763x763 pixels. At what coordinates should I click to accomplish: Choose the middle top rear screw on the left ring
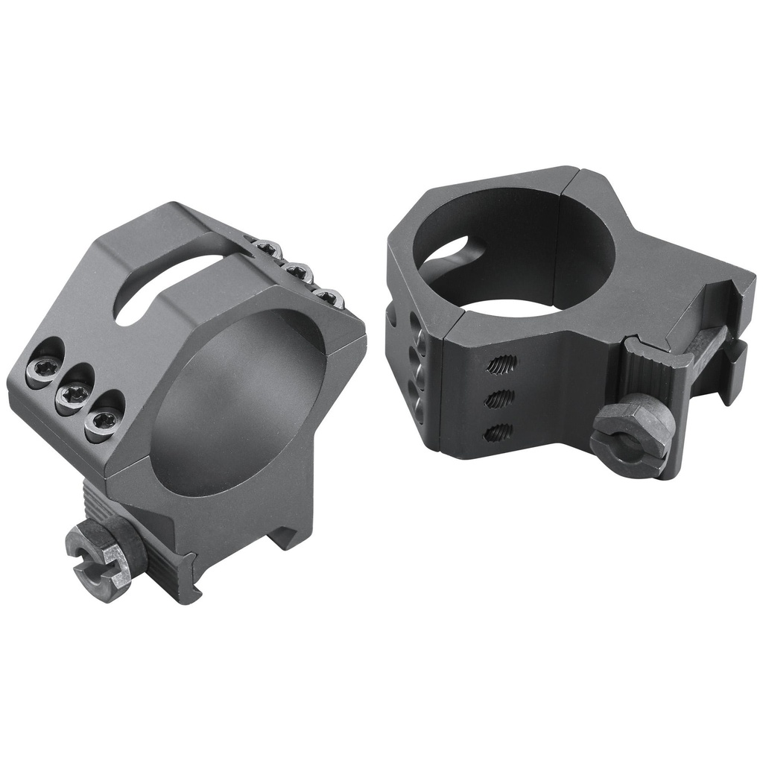tap(297, 272)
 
